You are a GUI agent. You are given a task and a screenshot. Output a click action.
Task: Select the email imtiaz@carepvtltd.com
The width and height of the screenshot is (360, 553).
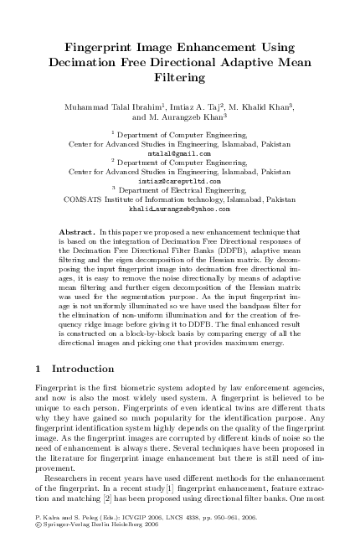pyautogui.click(x=180, y=180)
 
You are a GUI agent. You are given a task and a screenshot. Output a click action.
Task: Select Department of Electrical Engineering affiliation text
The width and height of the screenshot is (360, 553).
pyautogui.click(x=182, y=190)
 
